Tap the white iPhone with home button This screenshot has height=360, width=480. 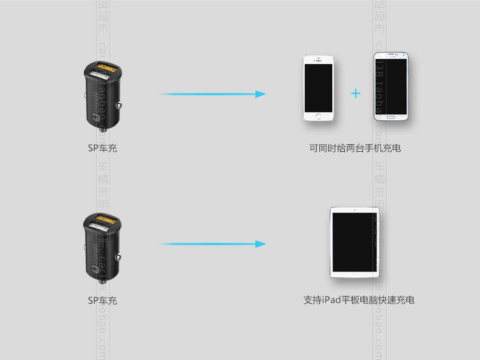point(318,88)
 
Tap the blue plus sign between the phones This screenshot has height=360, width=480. point(356,94)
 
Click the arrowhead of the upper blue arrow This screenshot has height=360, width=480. point(260,94)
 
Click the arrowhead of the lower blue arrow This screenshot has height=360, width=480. point(260,244)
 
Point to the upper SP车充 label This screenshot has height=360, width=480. point(102,148)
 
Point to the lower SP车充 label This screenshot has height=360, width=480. point(102,300)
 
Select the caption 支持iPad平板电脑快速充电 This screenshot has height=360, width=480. point(358,300)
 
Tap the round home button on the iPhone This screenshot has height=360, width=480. point(318,116)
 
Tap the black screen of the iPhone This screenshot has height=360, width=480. point(318,86)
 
